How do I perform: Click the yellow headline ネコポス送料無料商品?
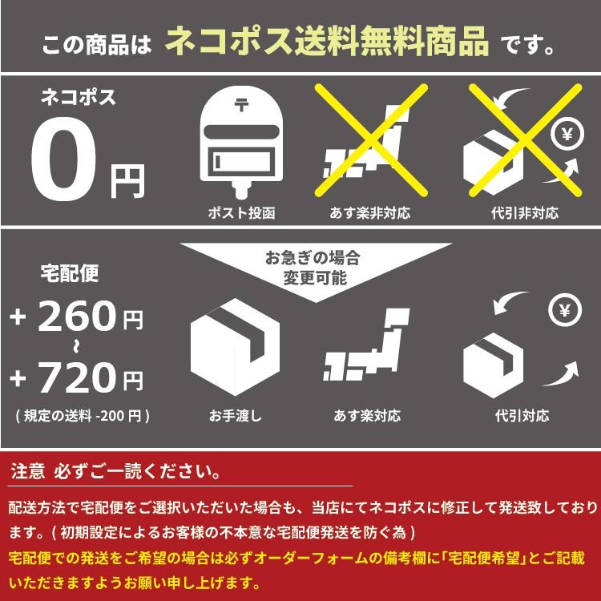tap(327, 41)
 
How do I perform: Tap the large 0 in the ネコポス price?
tap(63, 159)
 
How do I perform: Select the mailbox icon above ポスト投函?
tap(241, 141)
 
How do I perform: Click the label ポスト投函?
tap(241, 212)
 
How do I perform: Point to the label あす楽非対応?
tap(370, 212)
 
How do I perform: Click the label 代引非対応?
tap(525, 212)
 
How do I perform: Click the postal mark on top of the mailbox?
tap(241, 104)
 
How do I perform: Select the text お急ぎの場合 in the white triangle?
tap(313, 258)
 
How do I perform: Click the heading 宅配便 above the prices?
tap(70, 273)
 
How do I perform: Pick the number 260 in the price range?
tap(77, 316)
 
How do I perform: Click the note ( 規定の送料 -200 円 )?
tap(83, 416)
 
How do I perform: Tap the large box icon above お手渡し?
tap(235, 347)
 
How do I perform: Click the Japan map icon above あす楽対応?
tap(366, 345)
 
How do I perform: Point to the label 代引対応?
tap(522, 415)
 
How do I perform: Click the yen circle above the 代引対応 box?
tap(565, 310)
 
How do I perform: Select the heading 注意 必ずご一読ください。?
tap(115, 471)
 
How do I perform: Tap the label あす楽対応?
tap(367, 415)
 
